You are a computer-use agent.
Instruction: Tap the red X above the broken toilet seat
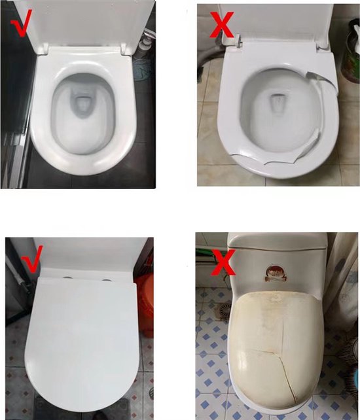pos(221,24)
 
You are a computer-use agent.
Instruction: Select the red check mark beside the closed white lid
pos(33,259)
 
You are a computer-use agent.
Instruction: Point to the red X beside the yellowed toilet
pos(223,262)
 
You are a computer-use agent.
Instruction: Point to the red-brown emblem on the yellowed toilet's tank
pos(274,274)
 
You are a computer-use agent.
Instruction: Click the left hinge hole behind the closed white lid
pos(67,277)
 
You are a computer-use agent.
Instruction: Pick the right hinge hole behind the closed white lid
pos(107,281)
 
